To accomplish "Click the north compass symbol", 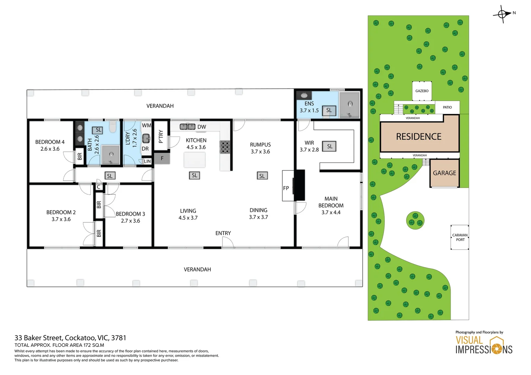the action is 502,14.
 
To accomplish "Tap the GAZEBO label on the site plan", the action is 422,91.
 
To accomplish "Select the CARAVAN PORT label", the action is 460,237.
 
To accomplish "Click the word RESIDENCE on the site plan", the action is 419,137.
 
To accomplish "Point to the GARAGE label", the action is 444,173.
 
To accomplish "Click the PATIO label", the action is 447,107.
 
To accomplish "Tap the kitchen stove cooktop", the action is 225,147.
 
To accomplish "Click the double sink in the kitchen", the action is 188,127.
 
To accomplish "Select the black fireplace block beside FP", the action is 300,185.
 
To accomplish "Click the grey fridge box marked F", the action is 162,158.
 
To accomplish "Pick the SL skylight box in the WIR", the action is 329,147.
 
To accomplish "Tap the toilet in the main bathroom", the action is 113,127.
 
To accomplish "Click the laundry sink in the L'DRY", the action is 146,139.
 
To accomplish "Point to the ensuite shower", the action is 350,105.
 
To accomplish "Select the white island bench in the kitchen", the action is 195,160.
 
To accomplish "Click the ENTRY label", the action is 223,233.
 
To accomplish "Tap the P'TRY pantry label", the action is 161,136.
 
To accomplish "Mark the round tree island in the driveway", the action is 415,220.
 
